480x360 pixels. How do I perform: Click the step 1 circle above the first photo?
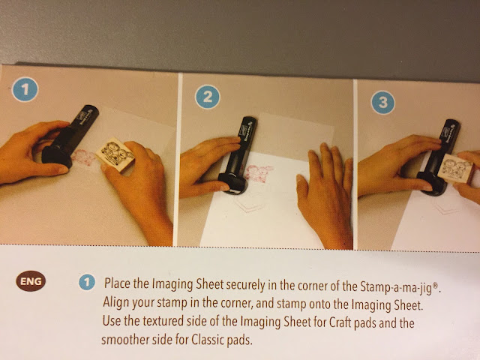(x=25, y=89)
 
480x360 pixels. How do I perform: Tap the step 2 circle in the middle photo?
(x=208, y=97)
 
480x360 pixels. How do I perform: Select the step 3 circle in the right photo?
(x=382, y=102)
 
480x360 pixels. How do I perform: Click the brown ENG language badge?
(x=31, y=280)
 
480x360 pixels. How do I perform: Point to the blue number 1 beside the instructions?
(x=87, y=282)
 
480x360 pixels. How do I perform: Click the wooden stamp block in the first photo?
(x=115, y=154)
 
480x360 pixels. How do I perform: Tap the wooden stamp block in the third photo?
(x=455, y=168)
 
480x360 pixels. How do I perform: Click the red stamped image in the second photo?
(x=258, y=173)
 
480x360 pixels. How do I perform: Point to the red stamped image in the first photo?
(x=83, y=157)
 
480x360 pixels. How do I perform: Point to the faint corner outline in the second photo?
(x=249, y=204)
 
